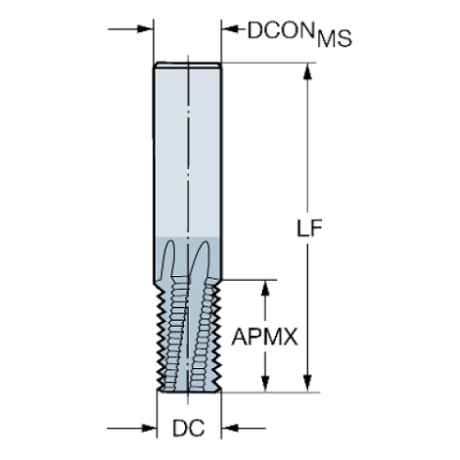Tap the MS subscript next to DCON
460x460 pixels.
[334, 39]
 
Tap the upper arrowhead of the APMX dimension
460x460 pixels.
[267, 284]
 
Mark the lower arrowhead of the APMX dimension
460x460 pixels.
[267, 383]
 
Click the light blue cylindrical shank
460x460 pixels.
[188, 150]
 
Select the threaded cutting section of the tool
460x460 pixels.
[188, 329]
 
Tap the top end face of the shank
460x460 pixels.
[188, 64]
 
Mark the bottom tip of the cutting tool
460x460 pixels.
[188, 390]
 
